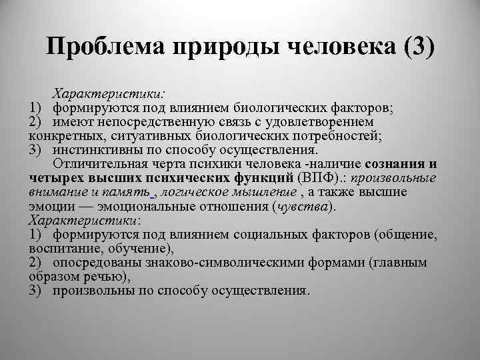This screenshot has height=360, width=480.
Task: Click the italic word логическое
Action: pos(193,192)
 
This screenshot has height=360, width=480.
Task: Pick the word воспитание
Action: pos(63,249)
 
